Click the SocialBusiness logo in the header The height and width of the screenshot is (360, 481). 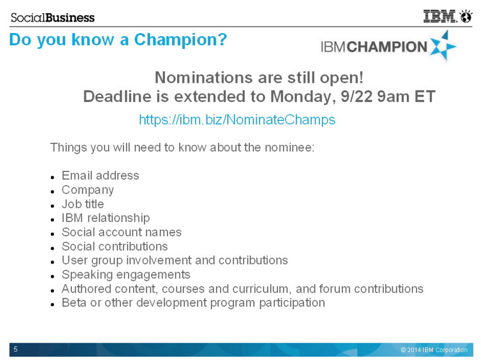click(53, 17)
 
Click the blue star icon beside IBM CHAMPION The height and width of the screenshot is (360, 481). click(443, 46)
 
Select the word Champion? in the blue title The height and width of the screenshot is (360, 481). click(180, 40)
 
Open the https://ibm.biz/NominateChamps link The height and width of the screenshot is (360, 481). click(237, 120)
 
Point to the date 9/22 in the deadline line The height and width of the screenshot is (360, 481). click(357, 96)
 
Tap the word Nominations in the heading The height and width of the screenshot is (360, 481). click(204, 77)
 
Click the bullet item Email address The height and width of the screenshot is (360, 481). click(101, 176)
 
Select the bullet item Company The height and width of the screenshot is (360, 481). click(88, 190)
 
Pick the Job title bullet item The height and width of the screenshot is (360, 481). click(83, 204)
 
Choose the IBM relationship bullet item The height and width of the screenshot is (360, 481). click(106, 218)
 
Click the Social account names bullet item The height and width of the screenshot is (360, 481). click(122, 232)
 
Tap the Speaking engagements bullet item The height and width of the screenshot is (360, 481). click(126, 275)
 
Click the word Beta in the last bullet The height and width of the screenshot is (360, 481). click(74, 303)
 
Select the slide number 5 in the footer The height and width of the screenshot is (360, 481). click(16, 349)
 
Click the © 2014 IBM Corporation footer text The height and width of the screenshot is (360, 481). click(434, 350)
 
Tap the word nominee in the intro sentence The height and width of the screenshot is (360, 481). click(289, 147)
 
